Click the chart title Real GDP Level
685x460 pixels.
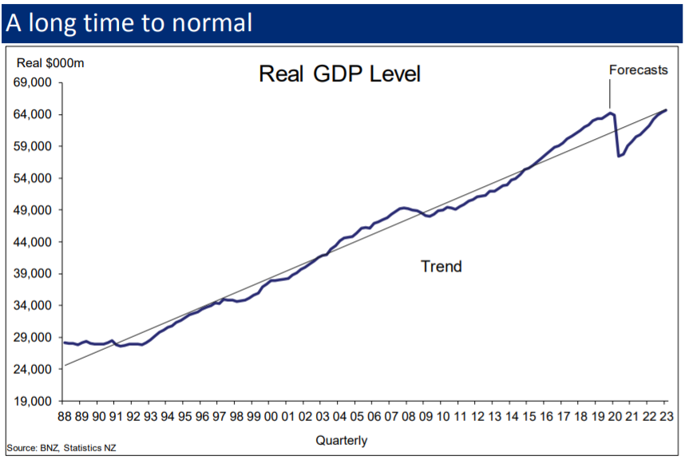(x=339, y=74)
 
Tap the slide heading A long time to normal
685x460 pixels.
(x=129, y=22)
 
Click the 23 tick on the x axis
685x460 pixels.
(x=666, y=416)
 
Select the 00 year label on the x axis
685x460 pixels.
(x=271, y=416)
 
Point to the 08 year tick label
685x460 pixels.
(x=408, y=416)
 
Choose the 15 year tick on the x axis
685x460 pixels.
(x=529, y=416)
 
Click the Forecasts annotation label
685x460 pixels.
(x=638, y=69)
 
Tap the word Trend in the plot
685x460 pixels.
(x=441, y=267)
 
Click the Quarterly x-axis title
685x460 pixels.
(x=342, y=440)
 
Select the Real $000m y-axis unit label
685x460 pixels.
(x=50, y=63)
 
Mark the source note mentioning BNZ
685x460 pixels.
(x=61, y=449)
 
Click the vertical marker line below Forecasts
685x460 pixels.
(x=610, y=94)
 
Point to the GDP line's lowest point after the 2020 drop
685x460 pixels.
(x=619, y=156)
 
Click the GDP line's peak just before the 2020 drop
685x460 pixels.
(x=611, y=113)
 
